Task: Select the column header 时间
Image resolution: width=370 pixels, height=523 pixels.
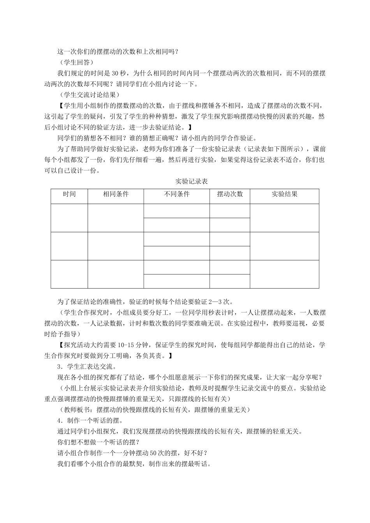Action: pos(69,194)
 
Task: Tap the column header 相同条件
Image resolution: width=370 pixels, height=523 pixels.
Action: pos(116,194)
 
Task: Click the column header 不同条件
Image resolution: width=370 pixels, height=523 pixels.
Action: pos(177,194)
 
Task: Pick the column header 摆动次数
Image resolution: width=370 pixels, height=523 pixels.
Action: pos(230,194)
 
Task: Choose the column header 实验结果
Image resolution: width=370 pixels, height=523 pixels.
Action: pos(284,194)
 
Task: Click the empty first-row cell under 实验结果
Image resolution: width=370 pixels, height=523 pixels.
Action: pos(284,218)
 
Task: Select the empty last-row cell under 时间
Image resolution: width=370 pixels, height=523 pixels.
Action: pos(69,274)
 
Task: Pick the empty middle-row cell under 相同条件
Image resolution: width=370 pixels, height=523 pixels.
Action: pos(116,246)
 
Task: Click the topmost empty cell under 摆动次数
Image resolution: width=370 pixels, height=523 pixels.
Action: pos(230,211)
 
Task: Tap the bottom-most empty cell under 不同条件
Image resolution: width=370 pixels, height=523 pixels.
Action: pos(177,281)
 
